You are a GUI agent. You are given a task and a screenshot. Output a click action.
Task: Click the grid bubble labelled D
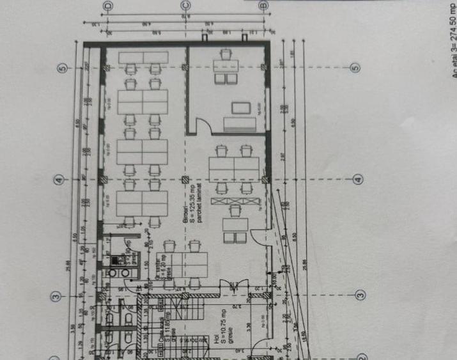107,6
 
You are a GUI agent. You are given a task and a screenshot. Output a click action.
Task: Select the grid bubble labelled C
185,6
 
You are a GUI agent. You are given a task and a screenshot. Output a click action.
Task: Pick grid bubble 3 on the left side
56,296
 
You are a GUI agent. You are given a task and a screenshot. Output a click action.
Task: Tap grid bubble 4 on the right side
358,180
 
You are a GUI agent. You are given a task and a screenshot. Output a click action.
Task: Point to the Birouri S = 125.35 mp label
189,210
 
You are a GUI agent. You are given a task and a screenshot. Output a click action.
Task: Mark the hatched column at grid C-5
185,68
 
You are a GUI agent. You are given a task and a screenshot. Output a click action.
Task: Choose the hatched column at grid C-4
185,180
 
